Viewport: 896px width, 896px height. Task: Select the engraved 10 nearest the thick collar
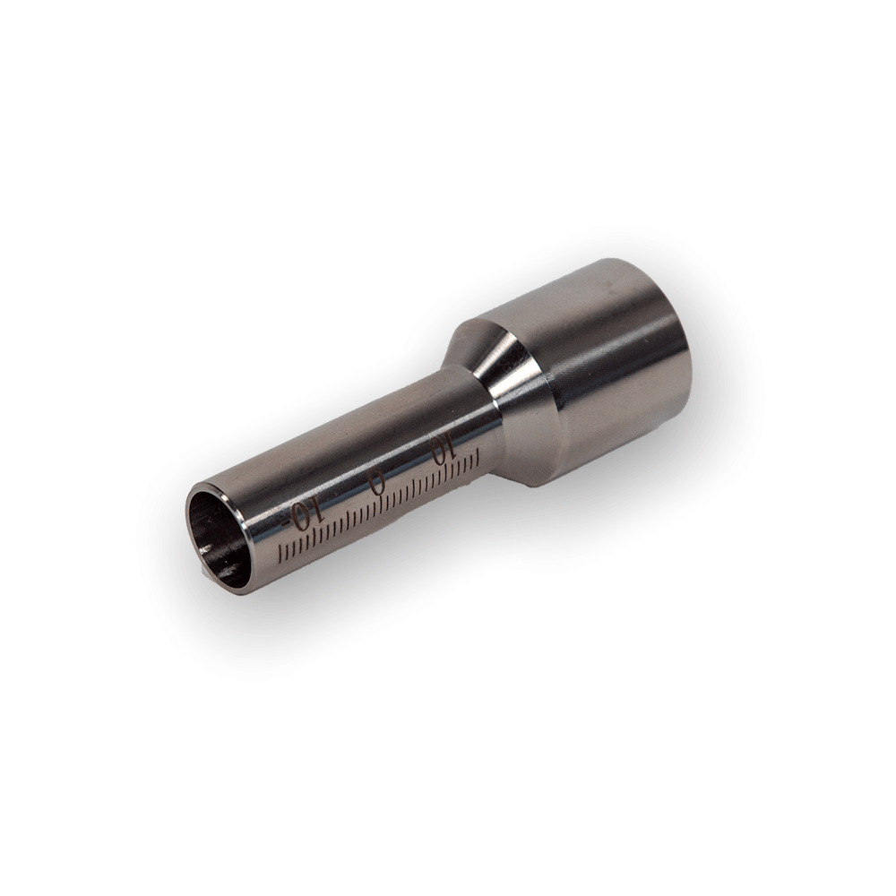click(x=444, y=450)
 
